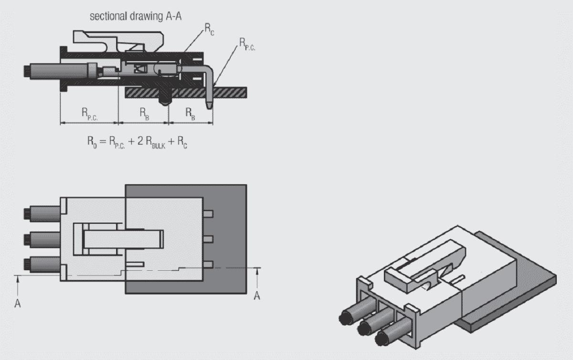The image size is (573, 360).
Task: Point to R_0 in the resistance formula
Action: pyautogui.click(x=91, y=142)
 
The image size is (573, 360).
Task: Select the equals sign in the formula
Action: pyautogui.click(x=102, y=141)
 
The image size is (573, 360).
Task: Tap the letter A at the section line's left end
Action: pyautogui.click(x=17, y=303)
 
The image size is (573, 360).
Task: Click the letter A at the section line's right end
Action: pyautogui.click(x=257, y=296)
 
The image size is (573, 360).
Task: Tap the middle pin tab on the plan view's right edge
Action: pyautogui.click(x=208, y=239)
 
